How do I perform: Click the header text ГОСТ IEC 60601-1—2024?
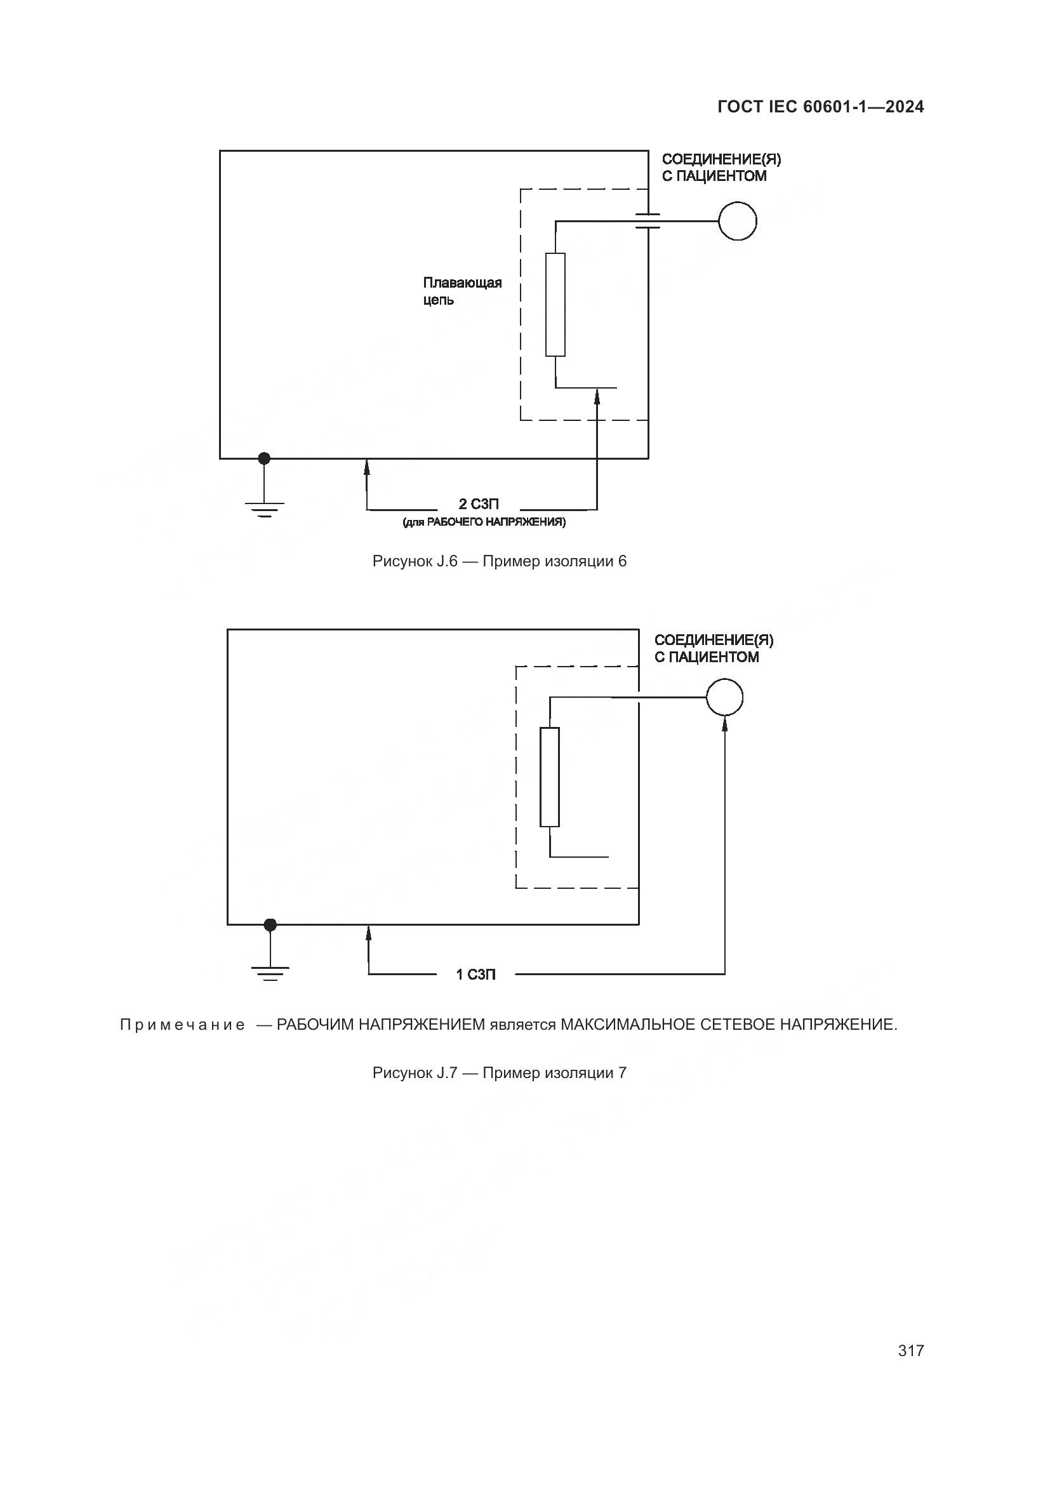(820, 107)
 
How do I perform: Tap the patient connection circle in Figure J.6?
(737, 220)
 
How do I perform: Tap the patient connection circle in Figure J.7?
(724, 697)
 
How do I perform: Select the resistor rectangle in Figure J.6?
(555, 305)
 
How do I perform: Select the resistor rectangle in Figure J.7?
(550, 776)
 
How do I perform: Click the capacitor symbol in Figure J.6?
(648, 220)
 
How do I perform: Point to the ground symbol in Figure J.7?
(270, 974)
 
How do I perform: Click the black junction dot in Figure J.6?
(264, 458)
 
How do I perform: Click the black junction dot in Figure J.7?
(270, 925)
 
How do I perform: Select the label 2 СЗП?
(479, 504)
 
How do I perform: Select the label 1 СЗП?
(476, 975)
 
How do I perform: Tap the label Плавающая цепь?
(462, 291)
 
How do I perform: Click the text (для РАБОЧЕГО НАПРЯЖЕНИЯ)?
(484, 522)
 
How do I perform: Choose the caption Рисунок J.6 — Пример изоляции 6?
(499, 561)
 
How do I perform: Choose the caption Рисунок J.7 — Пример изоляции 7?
(499, 1073)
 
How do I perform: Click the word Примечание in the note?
(182, 1025)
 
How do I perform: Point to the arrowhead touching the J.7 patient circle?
(725, 723)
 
